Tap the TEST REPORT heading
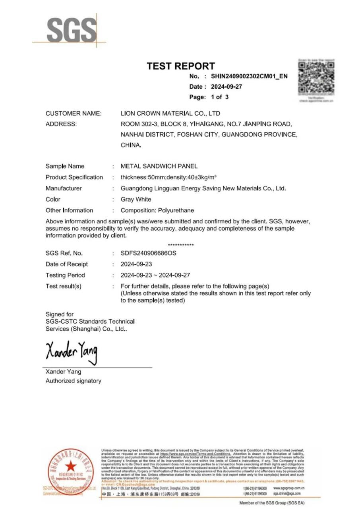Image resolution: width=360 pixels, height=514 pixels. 180,66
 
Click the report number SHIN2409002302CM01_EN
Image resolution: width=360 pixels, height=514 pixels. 249,76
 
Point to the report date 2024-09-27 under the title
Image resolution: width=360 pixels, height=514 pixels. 226,87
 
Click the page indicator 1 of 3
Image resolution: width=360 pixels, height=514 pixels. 220,97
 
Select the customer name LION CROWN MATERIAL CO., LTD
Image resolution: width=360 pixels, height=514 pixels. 170,113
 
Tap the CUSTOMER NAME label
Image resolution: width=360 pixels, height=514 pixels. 74,113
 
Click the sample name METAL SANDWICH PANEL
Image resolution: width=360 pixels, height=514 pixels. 159,166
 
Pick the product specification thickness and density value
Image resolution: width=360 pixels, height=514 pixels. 168,177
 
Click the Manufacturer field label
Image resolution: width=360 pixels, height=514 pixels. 64,188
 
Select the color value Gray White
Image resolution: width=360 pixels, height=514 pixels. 136,200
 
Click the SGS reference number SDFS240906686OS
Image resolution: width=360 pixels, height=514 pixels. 149,253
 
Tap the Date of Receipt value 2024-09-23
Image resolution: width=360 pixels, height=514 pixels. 136,264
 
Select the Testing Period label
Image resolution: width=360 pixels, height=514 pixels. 65,275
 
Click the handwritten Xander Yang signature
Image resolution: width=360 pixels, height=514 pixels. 72,351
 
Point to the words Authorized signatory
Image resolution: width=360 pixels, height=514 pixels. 74,381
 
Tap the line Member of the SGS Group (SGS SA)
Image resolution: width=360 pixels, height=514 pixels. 272,503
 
